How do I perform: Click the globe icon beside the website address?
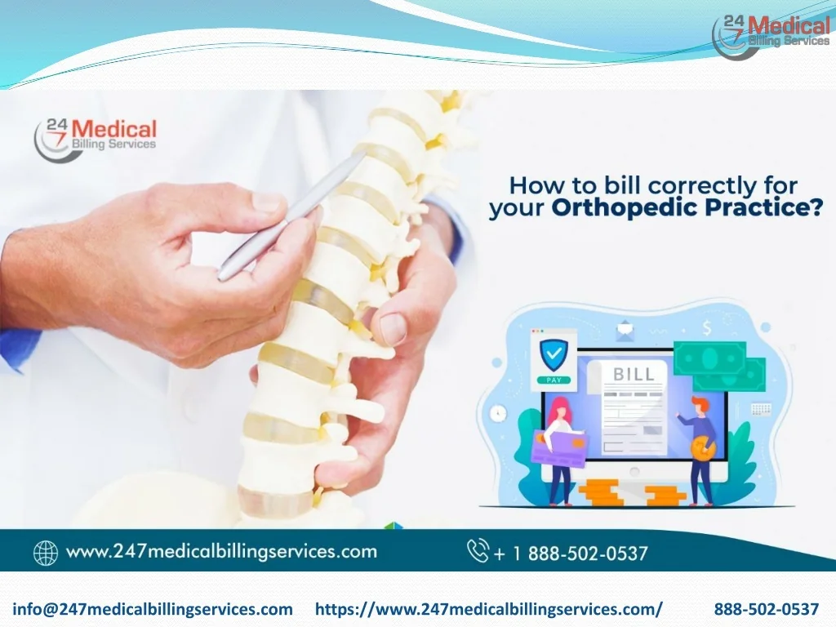(x=46, y=553)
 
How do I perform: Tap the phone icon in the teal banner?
(x=477, y=551)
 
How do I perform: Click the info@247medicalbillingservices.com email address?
(x=153, y=609)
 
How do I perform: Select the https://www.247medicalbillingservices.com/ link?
(x=489, y=609)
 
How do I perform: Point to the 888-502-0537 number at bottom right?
(x=766, y=609)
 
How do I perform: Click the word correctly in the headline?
(x=700, y=186)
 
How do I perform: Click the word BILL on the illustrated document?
(x=634, y=374)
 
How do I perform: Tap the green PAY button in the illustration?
(x=554, y=380)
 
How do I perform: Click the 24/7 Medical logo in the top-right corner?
(x=772, y=36)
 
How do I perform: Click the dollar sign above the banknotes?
(x=707, y=328)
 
